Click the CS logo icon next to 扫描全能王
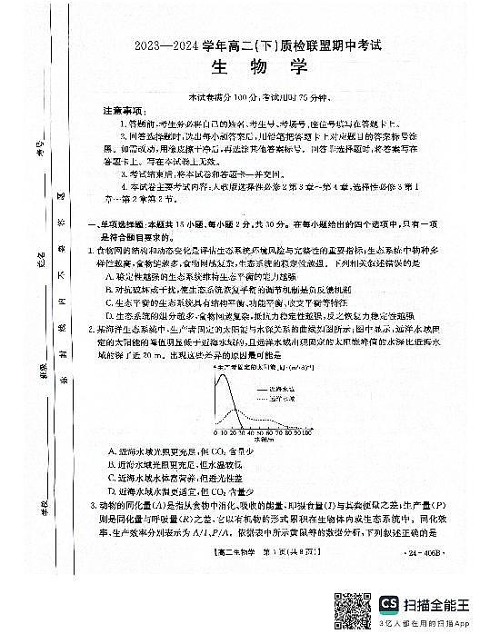tap(391, 603)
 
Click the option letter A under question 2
tap(111, 451)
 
